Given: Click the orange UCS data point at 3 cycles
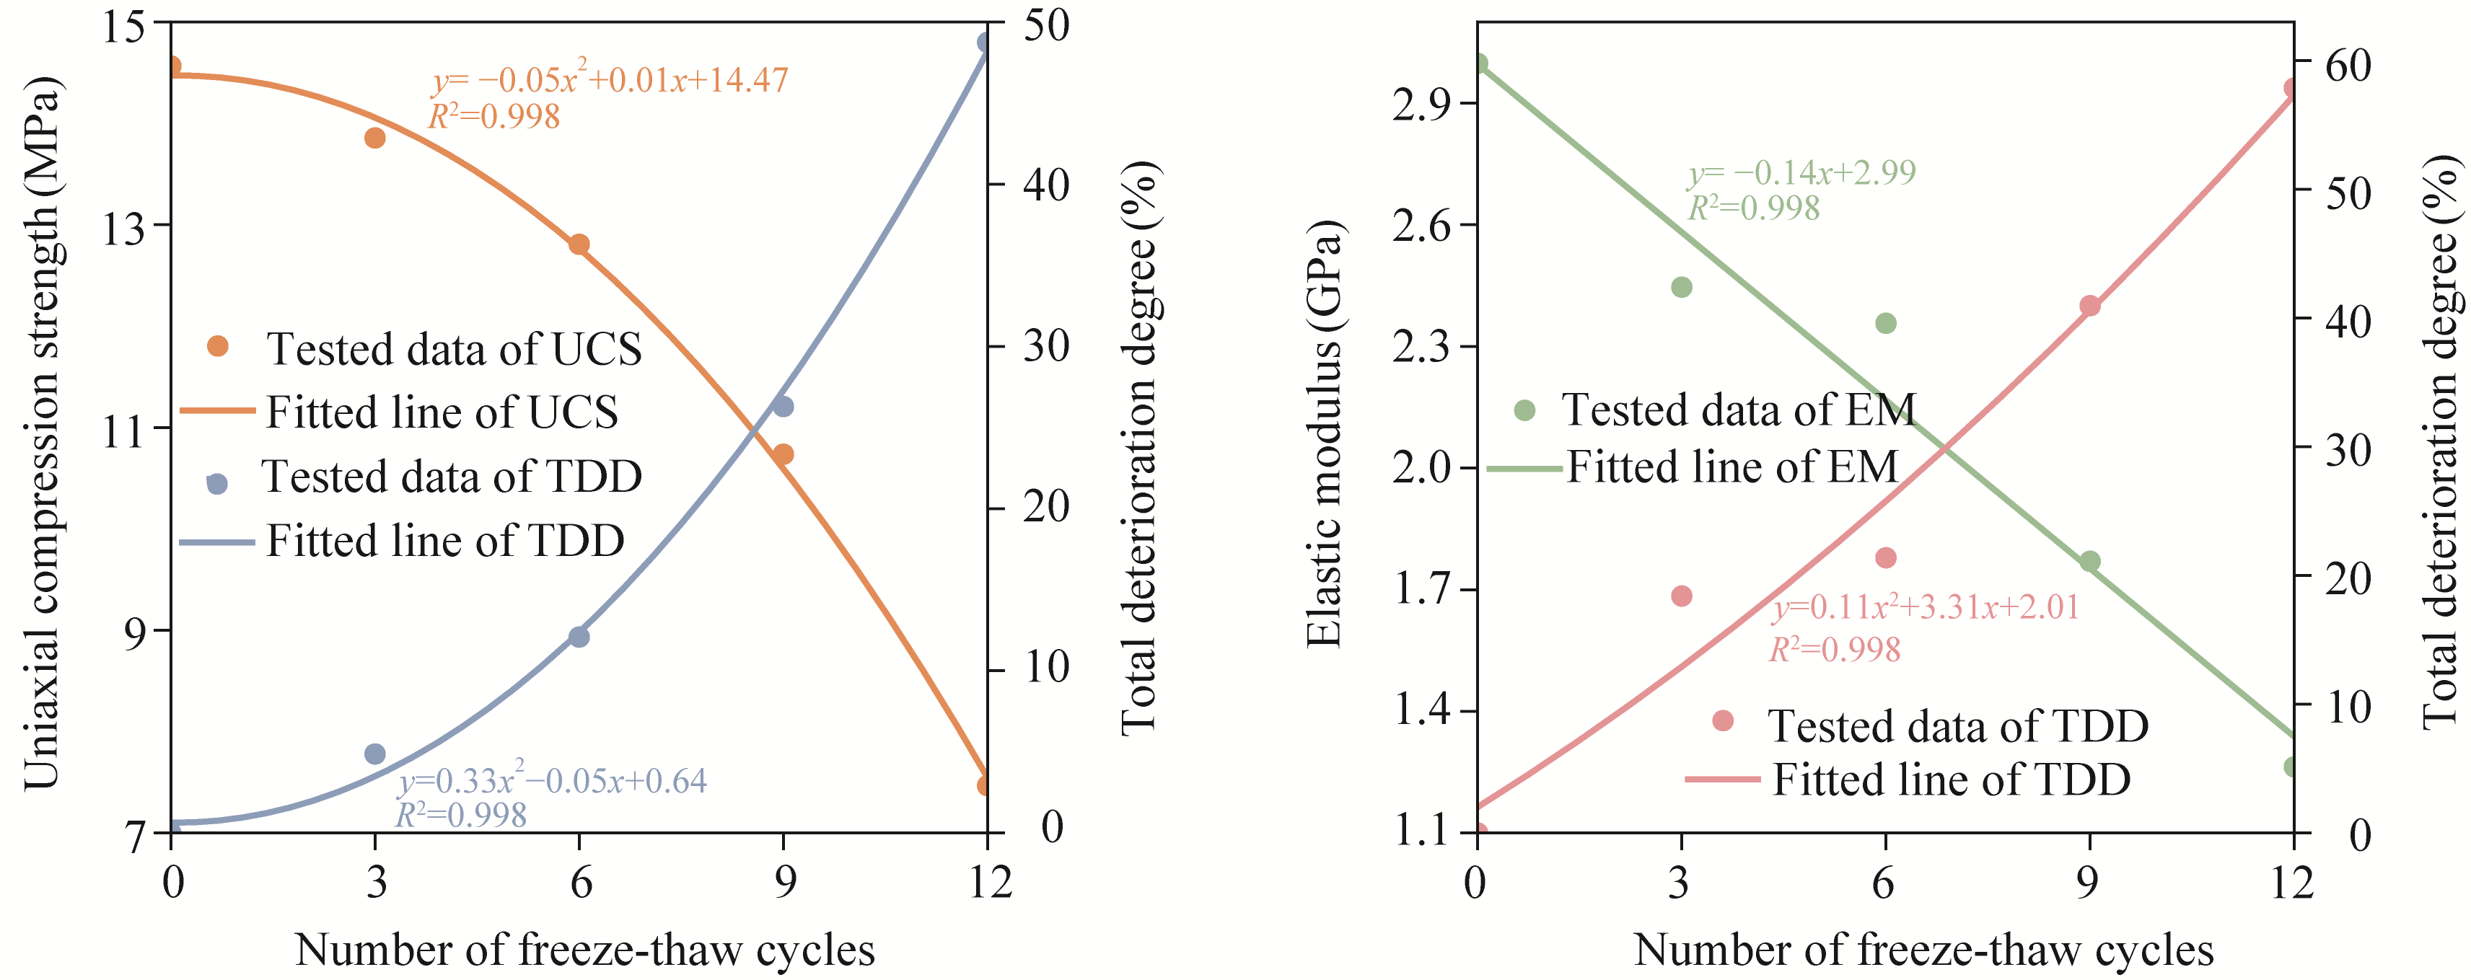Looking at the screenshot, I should click(x=375, y=138).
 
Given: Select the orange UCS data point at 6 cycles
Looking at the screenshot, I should click(x=579, y=244).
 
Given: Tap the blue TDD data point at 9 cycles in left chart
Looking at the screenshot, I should click(x=783, y=407).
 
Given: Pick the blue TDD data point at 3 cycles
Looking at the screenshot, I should click(x=375, y=754).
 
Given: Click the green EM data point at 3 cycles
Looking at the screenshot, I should click(x=1682, y=287).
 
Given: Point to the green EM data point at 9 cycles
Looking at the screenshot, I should click(x=2090, y=562).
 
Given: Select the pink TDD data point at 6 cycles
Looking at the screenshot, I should click(x=1886, y=558).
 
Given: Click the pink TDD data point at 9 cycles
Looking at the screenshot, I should click(x=2090, y=306).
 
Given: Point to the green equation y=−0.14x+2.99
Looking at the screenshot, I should click(x=1801, y=172).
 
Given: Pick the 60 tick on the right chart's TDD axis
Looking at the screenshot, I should click(x=2347, y=65).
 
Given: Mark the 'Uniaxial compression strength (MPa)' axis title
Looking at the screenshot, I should click(x=43, y=433).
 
